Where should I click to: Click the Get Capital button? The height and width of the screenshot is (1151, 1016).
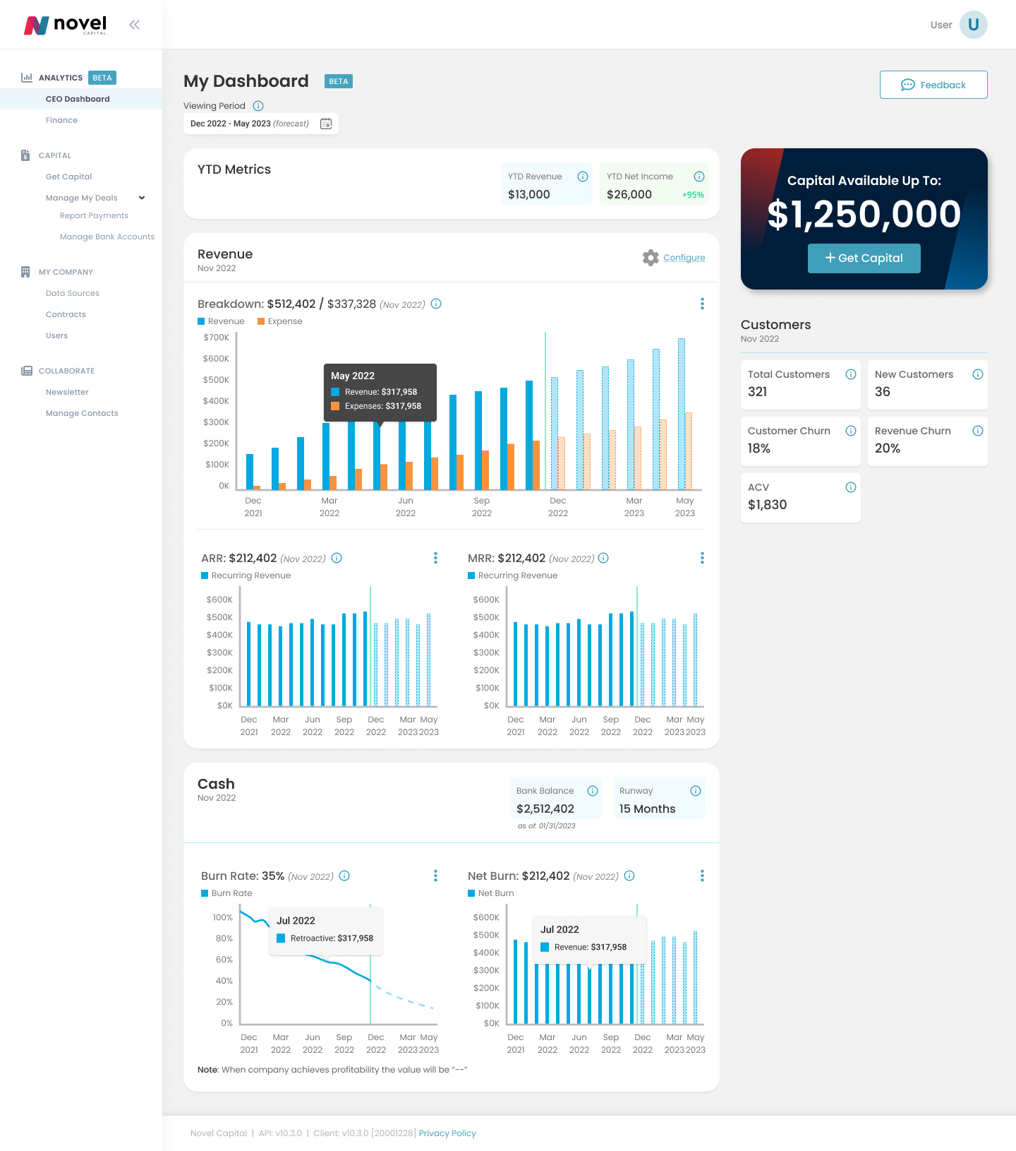pos(864,258)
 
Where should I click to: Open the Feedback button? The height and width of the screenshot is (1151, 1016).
pos(933,85)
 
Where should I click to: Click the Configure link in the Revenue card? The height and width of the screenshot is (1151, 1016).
pos(684,258)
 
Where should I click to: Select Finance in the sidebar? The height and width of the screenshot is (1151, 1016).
pos(62,120)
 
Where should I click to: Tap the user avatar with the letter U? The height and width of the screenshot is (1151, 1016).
pos(973,25)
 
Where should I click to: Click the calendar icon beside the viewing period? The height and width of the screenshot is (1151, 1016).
pos(326,124)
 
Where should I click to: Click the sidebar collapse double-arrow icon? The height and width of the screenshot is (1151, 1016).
pos(134,25)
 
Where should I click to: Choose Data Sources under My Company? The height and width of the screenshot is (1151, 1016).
pos(73,293)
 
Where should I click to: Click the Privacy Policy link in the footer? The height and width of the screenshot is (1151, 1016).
pos(447,1133)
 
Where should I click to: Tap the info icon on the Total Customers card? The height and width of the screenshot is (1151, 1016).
pos(850,374)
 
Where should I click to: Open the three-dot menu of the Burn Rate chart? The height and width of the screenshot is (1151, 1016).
pos(435,876)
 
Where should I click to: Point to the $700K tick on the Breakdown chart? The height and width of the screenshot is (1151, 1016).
pos(216,338)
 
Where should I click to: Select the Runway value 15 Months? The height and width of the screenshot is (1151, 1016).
pos(647,809)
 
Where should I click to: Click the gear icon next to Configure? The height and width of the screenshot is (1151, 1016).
pos(651,258)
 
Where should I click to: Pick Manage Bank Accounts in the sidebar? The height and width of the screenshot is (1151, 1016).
pos(107,237)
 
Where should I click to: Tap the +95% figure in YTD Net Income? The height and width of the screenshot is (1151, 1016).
pos(693,195)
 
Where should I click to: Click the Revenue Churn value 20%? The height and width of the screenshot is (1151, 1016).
pos(887,448)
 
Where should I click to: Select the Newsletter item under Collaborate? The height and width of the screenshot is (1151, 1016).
pos(67,392)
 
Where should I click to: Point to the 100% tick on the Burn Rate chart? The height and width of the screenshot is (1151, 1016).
pos(222,917)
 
